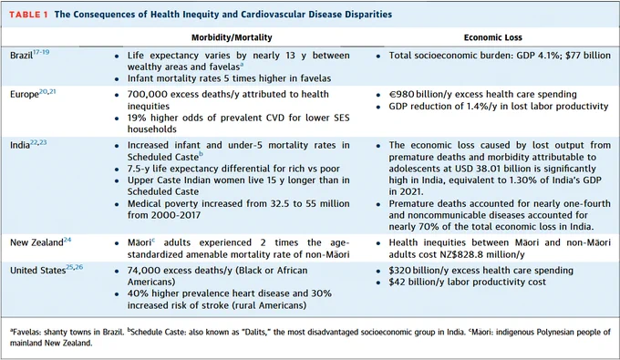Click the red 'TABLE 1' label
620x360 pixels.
(28, 15)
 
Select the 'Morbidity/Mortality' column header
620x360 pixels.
(232, 37)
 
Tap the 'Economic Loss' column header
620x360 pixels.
(492, 37)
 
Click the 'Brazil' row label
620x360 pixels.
(21, 56)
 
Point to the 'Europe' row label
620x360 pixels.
(25, 95)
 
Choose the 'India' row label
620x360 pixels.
(20, 145)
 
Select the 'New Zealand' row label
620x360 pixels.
(36, 242)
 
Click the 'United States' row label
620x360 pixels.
(37, 271)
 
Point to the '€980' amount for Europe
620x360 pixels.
(401, 95)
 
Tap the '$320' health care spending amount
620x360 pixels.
(399, 271)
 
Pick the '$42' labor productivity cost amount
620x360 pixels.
(397, 282)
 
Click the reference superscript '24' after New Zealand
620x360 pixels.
(67, 240)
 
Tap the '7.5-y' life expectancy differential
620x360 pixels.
(139, 169)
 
